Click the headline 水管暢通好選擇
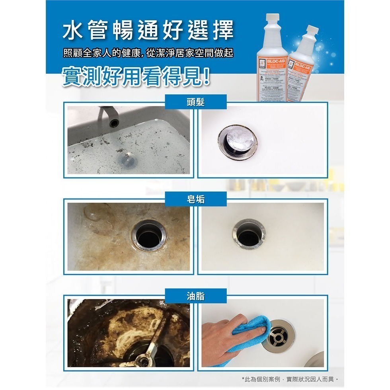[148, 31]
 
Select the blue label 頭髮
[195, 102]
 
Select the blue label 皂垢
[195, 199]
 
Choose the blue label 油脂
[195, 295]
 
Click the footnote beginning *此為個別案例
[290, 379]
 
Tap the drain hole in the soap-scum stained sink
[148, 238]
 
